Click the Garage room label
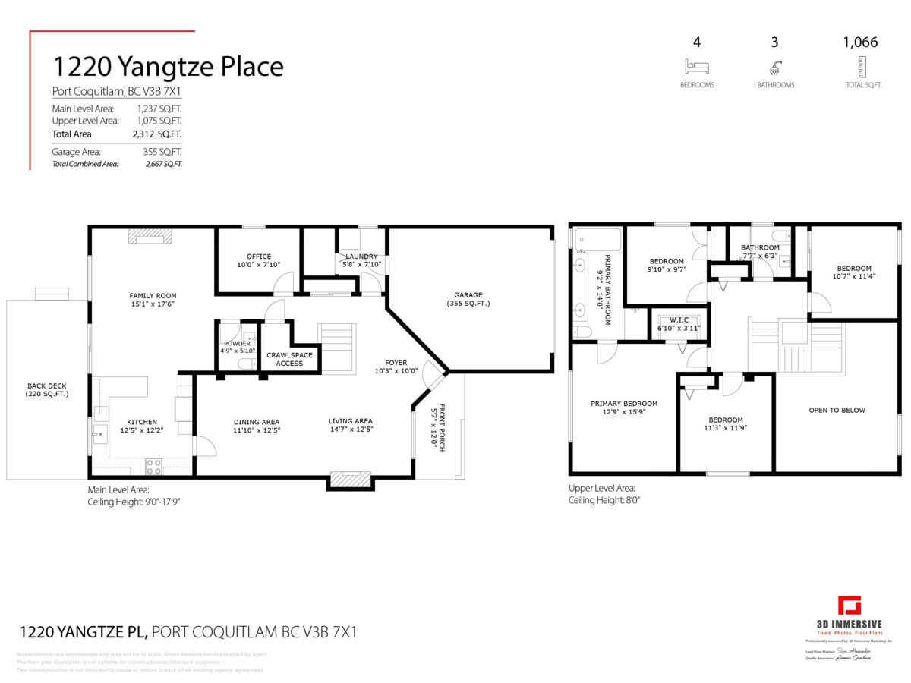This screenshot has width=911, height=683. click(468, 296)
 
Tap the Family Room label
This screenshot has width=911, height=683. click(153, 296)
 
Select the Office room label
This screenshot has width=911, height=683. click(258, 257)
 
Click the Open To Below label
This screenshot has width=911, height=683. click(837, 411)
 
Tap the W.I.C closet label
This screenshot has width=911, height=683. click(679, 319)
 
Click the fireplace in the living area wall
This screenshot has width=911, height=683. click(351, 479)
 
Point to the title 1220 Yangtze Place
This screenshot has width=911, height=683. click(168, 67)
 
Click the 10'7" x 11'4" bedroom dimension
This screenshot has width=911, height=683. click(854, 277)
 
